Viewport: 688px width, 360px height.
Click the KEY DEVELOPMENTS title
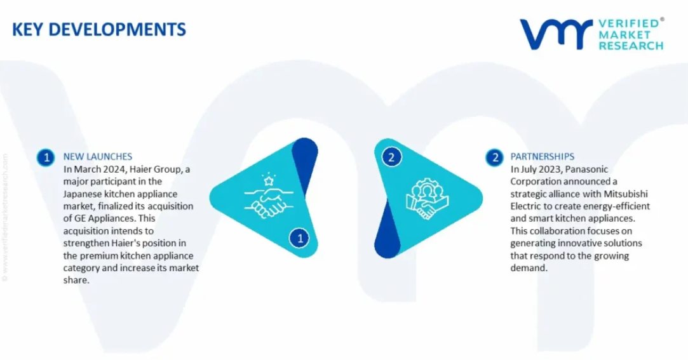tap(99, 29)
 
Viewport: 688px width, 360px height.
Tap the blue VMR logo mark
tap(556, 34)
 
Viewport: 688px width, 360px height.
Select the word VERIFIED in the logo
tap(629, 23)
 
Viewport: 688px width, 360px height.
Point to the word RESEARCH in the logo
tap(631, 46)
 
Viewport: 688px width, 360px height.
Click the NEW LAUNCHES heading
tap(97, 157)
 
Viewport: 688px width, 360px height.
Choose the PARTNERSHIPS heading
tap(542, 157)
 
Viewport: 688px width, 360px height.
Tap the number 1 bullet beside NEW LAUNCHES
tap(46, 157)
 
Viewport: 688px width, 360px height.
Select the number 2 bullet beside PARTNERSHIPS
tap(495, 157)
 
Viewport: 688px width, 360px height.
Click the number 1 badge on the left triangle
tap(300, 238)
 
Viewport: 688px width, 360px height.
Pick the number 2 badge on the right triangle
tap(391, 157)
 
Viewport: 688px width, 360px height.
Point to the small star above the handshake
tap(268, 179)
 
